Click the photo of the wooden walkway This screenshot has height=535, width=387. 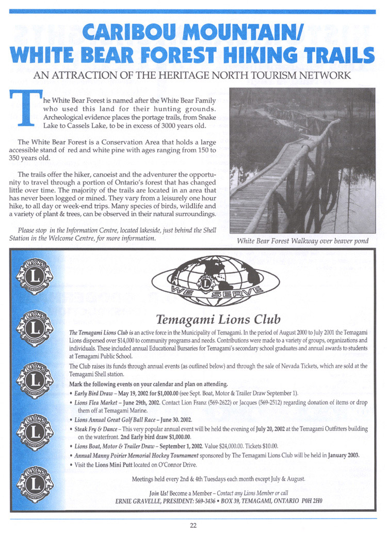(302, 160)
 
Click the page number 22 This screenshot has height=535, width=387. (193, 526)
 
